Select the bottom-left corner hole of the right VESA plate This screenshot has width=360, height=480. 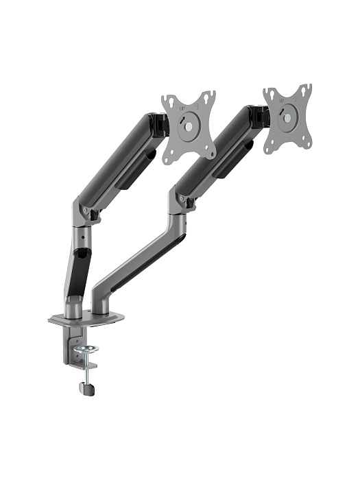coord(268,146)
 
